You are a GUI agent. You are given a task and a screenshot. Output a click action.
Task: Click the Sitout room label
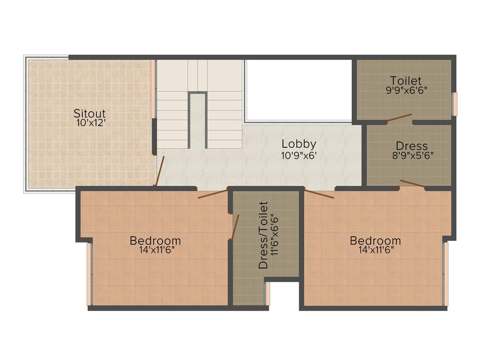tap(89, 113)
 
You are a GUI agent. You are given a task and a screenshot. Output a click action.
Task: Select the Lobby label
tap(299, 144)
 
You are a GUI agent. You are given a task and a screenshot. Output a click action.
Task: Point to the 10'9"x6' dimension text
tap(299, 156)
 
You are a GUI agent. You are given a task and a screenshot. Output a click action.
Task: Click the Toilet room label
tap(406, 80)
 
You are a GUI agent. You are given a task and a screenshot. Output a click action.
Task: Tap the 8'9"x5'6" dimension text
tap(412, 156)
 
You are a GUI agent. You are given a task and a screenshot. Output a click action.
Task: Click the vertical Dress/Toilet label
tap(263, 235)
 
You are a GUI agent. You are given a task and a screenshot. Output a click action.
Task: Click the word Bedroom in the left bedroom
tap(155, 240)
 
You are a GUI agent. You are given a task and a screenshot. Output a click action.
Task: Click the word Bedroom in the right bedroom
tap(375, 240)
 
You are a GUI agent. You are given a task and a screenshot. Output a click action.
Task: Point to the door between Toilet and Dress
tap(399, 118)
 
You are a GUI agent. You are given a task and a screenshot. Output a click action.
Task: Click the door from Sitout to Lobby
tap(160, 171)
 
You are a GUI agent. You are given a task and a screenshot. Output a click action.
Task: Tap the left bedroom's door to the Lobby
tap(213, 193)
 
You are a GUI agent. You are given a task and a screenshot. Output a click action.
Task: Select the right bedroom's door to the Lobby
tap(319, 193)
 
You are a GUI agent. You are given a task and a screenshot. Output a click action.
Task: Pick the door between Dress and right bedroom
tap(413, 184)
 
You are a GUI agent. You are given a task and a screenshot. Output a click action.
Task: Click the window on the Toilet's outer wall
tap(454, 104)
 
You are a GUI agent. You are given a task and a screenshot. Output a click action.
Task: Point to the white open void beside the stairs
tap(298, 90)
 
